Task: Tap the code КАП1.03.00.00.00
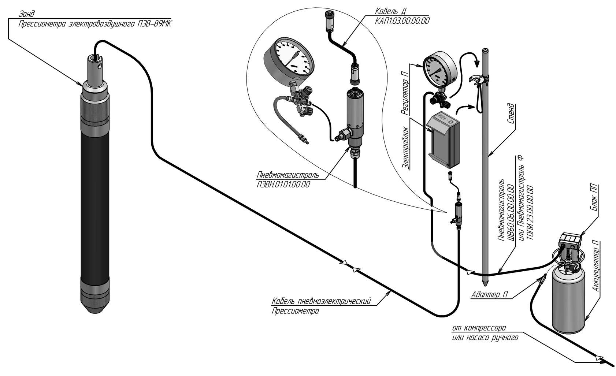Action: (402, 21)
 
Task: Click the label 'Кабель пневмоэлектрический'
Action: (322, 301)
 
